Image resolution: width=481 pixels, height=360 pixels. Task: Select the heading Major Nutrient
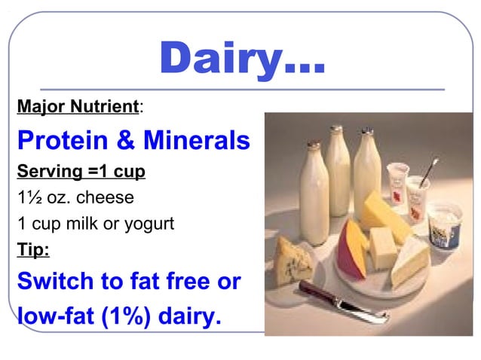(x=78, y=107)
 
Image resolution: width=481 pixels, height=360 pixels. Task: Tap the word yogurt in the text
(x=149, y=224)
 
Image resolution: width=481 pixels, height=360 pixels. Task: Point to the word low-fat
(x=49, y=315)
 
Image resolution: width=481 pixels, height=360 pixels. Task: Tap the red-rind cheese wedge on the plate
(x=352, y=245)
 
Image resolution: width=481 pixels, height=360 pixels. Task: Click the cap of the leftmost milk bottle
(x=310, y=131)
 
